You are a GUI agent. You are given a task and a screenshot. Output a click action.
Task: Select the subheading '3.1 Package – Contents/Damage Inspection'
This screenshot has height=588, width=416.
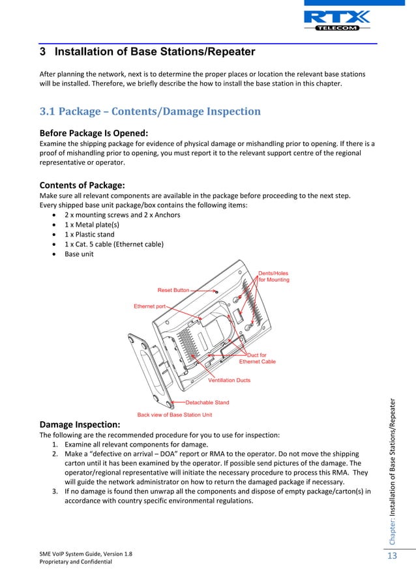150,111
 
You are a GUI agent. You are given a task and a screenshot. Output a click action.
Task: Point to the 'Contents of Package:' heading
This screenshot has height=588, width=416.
82,184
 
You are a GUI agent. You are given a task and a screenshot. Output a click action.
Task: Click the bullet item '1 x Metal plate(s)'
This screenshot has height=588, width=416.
93,224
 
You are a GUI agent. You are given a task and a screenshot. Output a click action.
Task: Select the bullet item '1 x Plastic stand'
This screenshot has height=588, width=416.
92,234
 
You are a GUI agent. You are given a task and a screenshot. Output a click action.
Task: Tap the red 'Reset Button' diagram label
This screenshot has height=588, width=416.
173,290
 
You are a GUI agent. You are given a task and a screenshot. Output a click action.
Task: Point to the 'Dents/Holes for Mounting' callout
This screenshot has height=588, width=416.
274,276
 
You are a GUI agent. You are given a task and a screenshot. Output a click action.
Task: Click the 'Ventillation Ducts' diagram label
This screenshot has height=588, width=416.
229,380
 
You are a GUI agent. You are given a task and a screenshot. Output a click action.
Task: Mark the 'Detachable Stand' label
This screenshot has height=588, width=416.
207,402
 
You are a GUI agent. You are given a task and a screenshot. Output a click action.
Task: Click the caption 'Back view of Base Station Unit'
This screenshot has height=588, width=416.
174,415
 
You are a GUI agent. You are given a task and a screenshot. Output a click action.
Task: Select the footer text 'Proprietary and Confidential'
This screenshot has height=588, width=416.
76,562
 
